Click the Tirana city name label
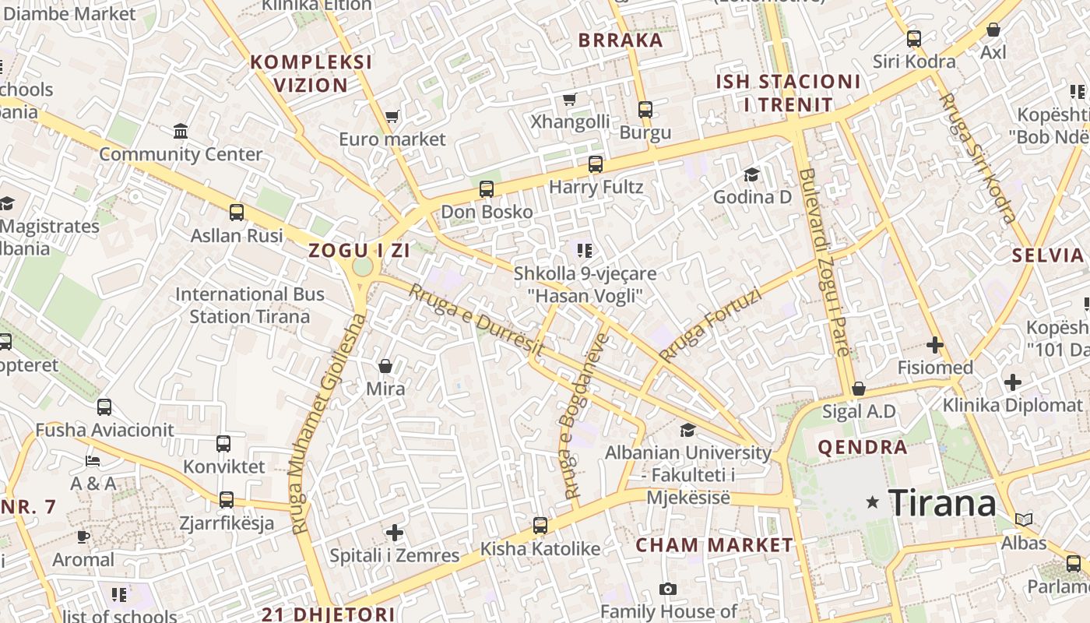point(942,503)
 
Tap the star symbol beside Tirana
point(872,503)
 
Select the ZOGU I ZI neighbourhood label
point(359,251)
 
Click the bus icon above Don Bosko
point(487,189)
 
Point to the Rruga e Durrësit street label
point(476,322)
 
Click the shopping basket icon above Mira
point(385,366)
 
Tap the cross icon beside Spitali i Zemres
point(395,533)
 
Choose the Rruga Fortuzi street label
point(709,325)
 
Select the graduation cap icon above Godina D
point(751,174)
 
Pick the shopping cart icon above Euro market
point(392,117)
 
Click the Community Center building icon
point(181,131)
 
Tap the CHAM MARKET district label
point(714,545)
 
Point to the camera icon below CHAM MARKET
point(667,590)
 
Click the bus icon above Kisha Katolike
point(540,526)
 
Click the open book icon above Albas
point(1024,519)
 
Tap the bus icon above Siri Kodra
point(913,38)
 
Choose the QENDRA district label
point(863,448)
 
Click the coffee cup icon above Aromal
point(83,537)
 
